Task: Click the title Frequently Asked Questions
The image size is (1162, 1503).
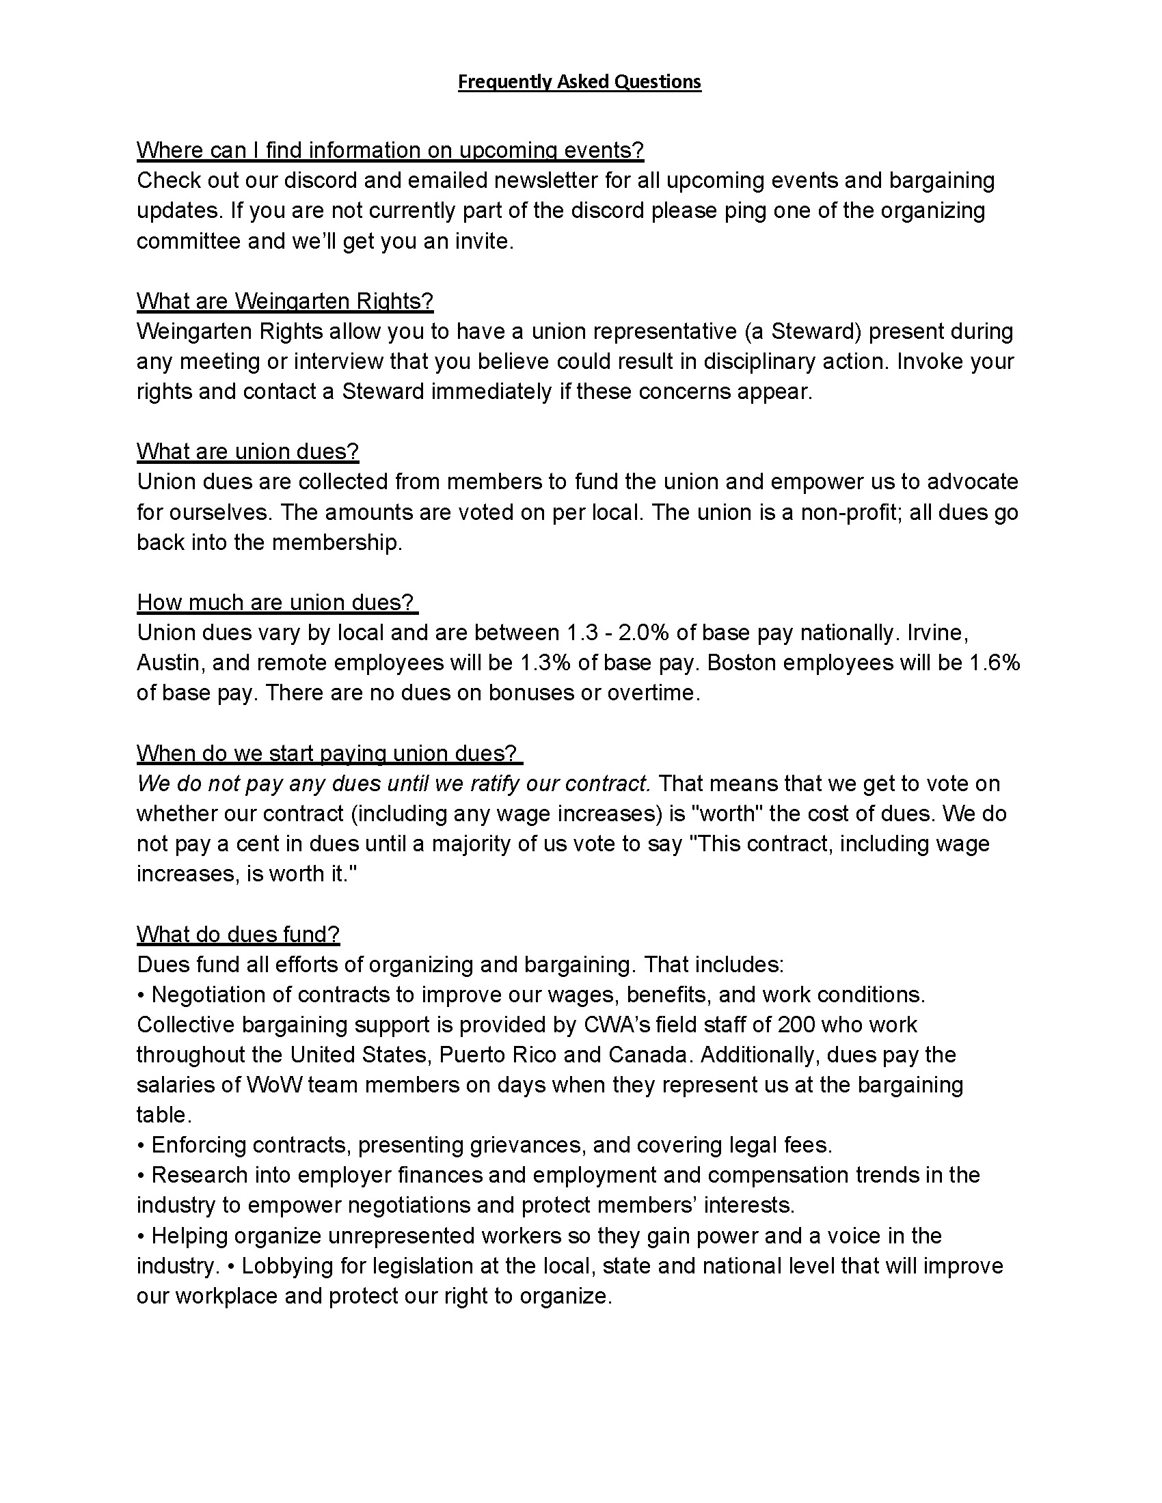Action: click(x=580, y=82)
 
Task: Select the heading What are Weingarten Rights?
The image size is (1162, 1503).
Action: click(x=285, y=301)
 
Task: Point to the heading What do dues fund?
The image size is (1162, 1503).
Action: click(x=238, y=934)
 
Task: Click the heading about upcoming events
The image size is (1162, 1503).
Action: click(x=390, y=150)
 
